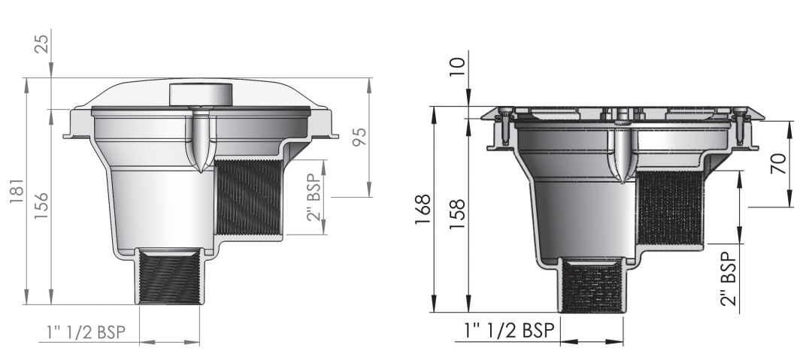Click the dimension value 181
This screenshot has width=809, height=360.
(x=17, y=191)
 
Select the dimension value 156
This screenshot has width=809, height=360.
(x=41, y=205)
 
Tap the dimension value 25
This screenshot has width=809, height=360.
(x=42, y=44)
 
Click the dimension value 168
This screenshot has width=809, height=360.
(x=423, y=209)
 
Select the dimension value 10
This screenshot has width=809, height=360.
(x=457, y=67)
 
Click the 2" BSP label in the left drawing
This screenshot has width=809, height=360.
(x=314, y=198)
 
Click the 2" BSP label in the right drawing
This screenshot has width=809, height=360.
(x=728, y=279)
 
